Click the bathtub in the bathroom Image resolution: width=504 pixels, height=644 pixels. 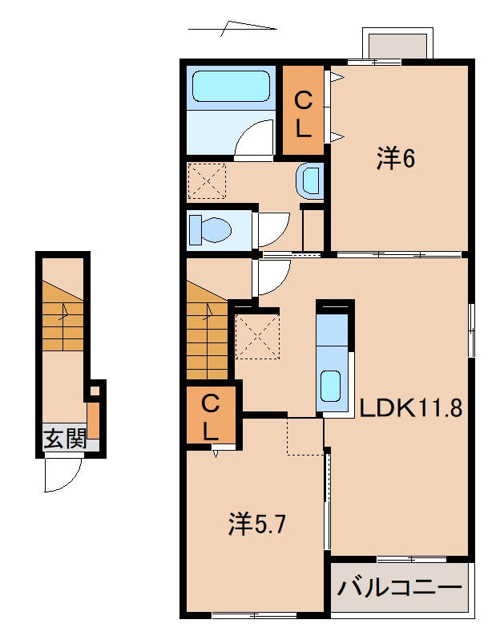[x=231, y=86]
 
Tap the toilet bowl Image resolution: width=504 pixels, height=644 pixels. [x=210, y=230]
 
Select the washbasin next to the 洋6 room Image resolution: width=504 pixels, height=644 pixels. [x=308, y=180]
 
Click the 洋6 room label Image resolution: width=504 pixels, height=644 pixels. [x=396, y=159]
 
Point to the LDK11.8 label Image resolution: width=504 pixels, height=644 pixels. [x=411, y=408]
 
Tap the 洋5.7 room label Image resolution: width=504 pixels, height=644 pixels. [x=257, y=524]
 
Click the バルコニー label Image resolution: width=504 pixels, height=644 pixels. [x=400, y=589]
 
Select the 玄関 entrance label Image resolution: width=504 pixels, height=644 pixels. [x=65, y=438]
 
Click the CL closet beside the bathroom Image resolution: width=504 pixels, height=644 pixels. [x=304, y=110]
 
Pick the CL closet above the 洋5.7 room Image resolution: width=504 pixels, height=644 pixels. [x=211, y=415]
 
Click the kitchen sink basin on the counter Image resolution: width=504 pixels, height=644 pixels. [x=330, y=386]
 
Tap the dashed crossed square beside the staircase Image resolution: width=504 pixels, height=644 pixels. [x=257, y=336]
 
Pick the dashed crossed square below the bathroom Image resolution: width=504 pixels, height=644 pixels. [x=207, y=181]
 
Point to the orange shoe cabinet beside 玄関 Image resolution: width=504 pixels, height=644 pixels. [x=94, y=420]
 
